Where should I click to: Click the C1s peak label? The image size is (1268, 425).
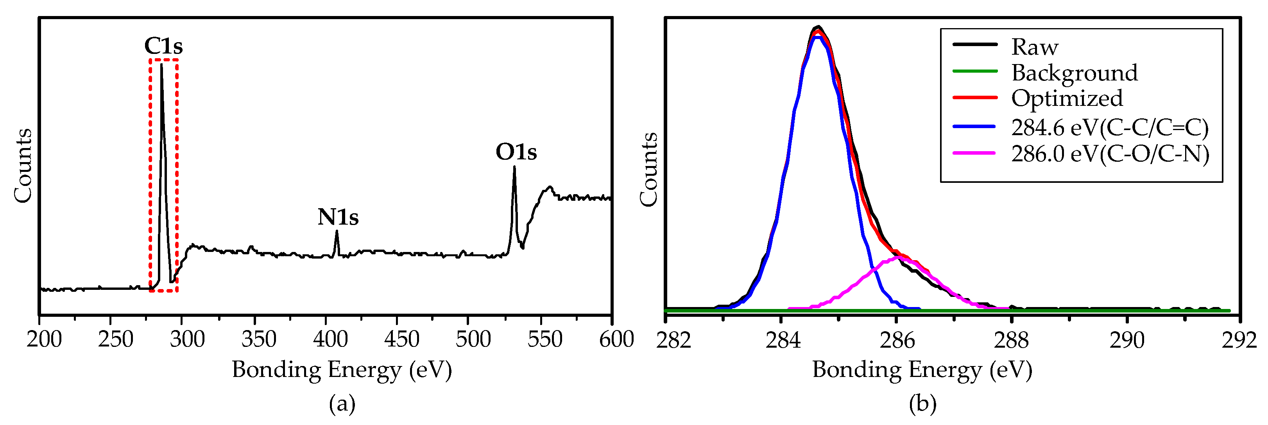[x=163, y=46]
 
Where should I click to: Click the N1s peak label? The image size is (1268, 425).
[x=338, y=217]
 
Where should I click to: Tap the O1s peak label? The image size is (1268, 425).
[x=516, y=152]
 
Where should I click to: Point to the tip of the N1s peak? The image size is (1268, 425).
[x=337, y=231]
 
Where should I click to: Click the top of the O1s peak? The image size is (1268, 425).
[x=514, y=167]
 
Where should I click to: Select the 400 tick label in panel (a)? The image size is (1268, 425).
[x=330, y=339]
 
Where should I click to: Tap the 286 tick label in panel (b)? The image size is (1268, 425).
[x=897, y=340]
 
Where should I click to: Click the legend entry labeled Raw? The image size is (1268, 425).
[x=1034, y=47]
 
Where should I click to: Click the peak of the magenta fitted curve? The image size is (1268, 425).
[x=898, y=257]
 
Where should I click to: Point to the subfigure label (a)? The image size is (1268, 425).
[x=342, y=404]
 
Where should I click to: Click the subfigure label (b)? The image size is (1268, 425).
[x=922, y=404]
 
